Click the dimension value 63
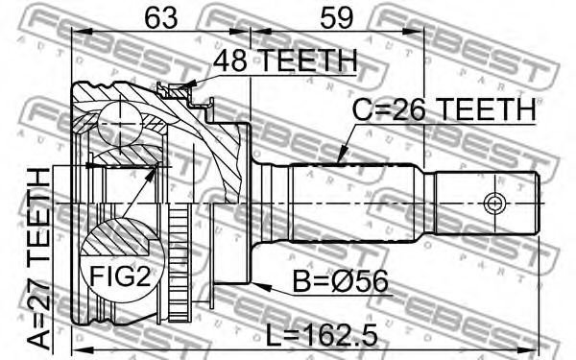(x=161, y=17)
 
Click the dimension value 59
(x=337, y=17)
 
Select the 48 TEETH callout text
(x=285, y=60)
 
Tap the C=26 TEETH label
(x=444, y=109)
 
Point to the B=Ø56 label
(x=340, y=281)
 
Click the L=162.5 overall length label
(x=322, y=336)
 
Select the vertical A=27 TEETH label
(x=39, y=258)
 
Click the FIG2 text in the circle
(x=120, y=276)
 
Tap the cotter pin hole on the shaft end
(x=494, y=203)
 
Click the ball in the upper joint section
(x=120, y=124)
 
